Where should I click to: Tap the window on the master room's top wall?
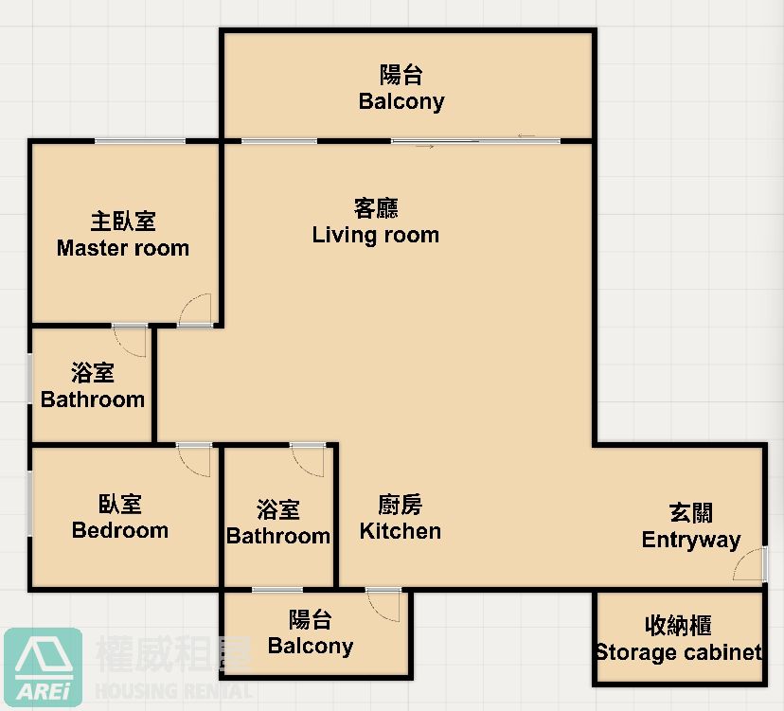(x=140, y=141)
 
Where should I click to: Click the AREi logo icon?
(x=43, y=667)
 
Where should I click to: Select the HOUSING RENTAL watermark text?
(x=173, y=691)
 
